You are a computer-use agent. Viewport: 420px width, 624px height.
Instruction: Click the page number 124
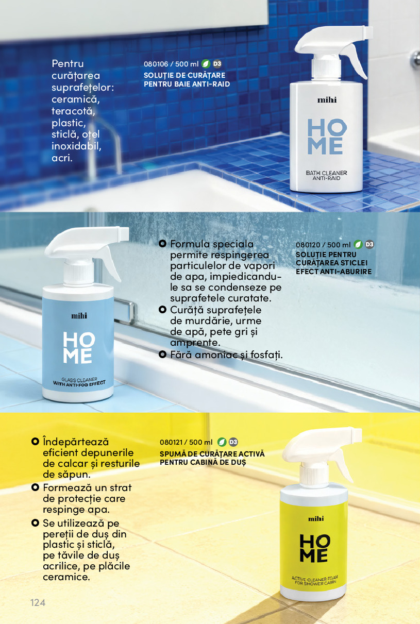(x=38, y=602)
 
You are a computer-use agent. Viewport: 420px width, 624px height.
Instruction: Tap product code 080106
(x=156, y=64)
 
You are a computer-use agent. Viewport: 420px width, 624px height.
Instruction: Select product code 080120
(x=308, y=245)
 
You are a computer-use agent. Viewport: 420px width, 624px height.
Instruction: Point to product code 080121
(x=171, y=442)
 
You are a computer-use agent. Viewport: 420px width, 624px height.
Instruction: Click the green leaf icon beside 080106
(x=206, y=64)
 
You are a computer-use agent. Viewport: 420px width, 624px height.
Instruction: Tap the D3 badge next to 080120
(x=369, y=244)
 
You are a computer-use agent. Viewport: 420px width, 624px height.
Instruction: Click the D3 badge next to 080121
(x=233, y=442)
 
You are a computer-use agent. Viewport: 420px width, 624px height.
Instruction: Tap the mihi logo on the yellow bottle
(x=316, y=518)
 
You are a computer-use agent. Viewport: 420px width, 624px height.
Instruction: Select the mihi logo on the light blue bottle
(x=79, y=316)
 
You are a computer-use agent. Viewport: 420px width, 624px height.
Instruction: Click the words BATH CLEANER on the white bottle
(x=326, y=173)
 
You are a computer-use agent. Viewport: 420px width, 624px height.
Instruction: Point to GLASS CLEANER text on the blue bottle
(x=79, y=380)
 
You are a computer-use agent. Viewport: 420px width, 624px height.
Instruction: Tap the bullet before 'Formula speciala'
(x=162, y=244)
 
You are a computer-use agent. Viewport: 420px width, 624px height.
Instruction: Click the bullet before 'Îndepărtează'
(x=35, y=442)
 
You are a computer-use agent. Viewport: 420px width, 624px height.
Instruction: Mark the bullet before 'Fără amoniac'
(x=162, y=355)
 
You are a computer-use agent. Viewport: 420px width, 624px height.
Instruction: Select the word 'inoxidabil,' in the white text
(x=76, y=146)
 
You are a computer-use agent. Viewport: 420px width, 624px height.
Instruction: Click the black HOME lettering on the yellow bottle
(x=314, y=548)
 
